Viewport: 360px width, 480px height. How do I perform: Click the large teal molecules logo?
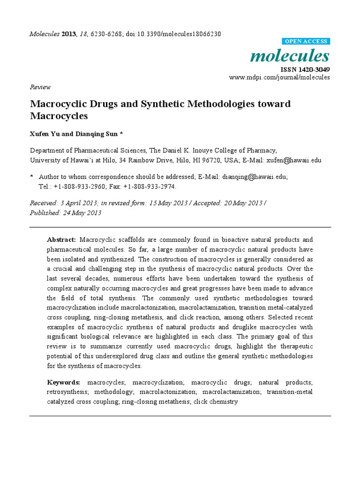tap(290, 56)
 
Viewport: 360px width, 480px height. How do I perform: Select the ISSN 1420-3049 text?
tap(305, 70)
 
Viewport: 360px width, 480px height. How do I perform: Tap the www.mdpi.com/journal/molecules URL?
tap(279, 77)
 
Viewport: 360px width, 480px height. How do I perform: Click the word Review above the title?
tap(40, 87)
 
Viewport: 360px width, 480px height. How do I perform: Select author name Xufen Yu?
tap(45, 134)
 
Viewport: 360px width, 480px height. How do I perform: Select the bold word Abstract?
tap(61, 240)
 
